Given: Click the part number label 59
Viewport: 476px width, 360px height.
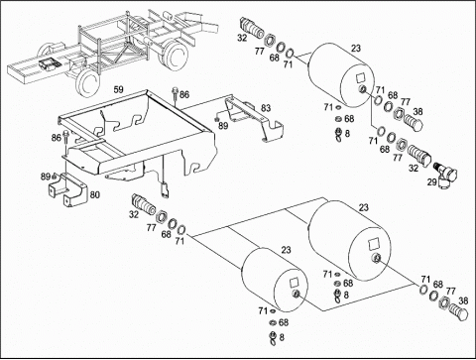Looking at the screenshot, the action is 118,89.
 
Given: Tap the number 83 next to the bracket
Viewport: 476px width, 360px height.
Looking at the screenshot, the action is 266,108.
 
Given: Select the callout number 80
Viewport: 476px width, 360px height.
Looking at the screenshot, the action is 95,194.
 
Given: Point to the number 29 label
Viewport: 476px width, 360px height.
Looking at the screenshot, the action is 431,181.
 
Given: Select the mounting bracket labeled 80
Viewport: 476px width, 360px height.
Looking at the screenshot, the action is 68,190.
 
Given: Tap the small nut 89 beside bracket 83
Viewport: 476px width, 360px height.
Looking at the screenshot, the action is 216,120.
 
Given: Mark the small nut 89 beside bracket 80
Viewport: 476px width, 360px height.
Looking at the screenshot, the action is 55,176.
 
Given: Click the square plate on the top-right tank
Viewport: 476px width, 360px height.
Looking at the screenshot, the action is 360,77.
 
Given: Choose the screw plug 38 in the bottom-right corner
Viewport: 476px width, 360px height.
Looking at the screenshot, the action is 460,311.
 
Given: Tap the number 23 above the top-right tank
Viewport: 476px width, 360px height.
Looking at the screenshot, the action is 356,49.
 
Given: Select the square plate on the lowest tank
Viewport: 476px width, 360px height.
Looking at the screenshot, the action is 294,282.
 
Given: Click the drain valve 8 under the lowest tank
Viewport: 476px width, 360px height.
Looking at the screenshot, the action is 273,338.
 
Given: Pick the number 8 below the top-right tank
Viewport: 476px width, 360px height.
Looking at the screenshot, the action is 347,134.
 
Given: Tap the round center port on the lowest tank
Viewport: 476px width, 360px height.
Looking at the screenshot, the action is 297,294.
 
